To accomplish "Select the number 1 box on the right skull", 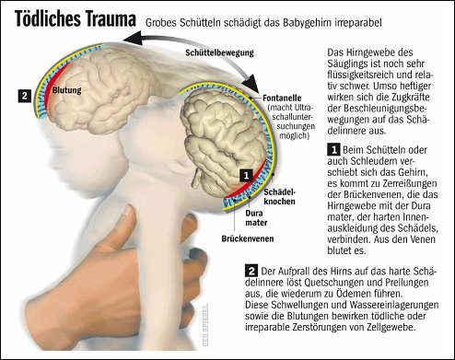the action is [x=244, y=172].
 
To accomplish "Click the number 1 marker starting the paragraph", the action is [x=333, y=148].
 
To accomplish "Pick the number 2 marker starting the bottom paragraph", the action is [x=251, y=270].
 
